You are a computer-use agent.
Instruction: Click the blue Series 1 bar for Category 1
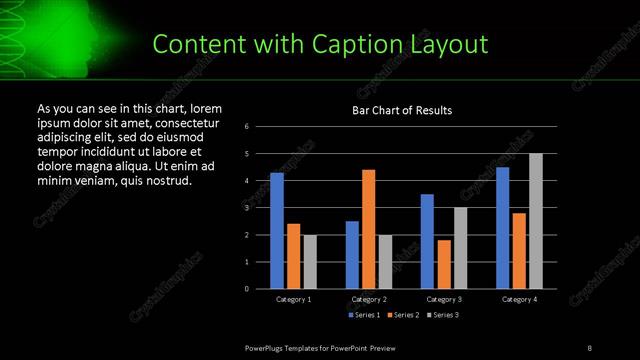coord(277,231)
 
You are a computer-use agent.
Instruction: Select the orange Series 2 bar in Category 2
coord(369,229)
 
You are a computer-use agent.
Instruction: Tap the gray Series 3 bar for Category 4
coord(536,221)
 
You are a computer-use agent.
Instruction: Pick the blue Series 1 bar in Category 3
coord(427,241)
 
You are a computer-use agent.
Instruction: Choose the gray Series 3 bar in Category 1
coord(310,262)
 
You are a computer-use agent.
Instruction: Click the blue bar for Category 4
coord(502,227)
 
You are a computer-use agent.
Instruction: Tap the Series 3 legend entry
coord(444,315)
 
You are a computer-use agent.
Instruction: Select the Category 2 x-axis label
coord(369,300)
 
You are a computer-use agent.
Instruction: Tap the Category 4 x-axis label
coord(519,300)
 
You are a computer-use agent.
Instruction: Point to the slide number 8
coord(589,347)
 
